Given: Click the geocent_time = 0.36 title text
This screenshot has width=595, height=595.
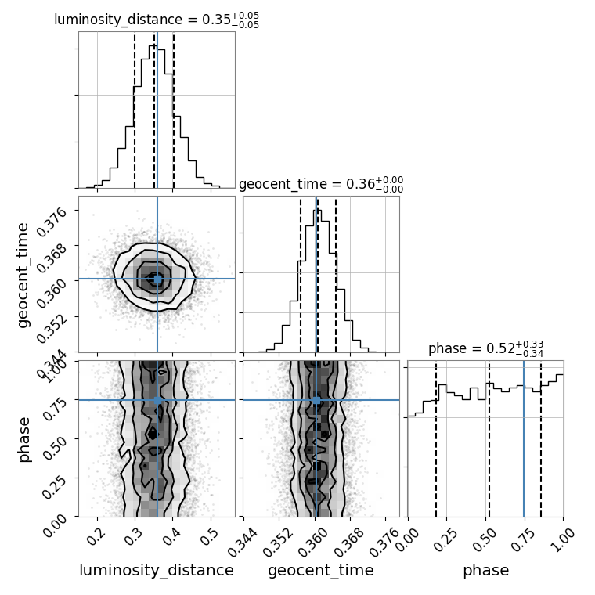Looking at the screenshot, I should [x=320, y=184].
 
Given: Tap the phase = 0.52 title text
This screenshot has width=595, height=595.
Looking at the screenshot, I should [x=485, y=349].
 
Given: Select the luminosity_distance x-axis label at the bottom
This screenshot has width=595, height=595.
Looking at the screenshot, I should [x=157, y=571].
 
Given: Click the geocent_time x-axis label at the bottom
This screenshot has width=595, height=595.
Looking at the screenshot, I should [x=320, y=571].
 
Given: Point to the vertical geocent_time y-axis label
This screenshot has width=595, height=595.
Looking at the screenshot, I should [x=23, y=274].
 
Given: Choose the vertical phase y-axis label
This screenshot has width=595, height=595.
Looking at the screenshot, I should [x=24, y=438].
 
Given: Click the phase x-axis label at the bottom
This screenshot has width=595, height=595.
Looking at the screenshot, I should [x=485, y=571].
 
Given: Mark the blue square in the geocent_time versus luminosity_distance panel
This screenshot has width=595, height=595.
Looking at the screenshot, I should [x=157, y=279].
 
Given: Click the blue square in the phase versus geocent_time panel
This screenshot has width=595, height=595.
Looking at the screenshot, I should [x=316, y=400].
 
